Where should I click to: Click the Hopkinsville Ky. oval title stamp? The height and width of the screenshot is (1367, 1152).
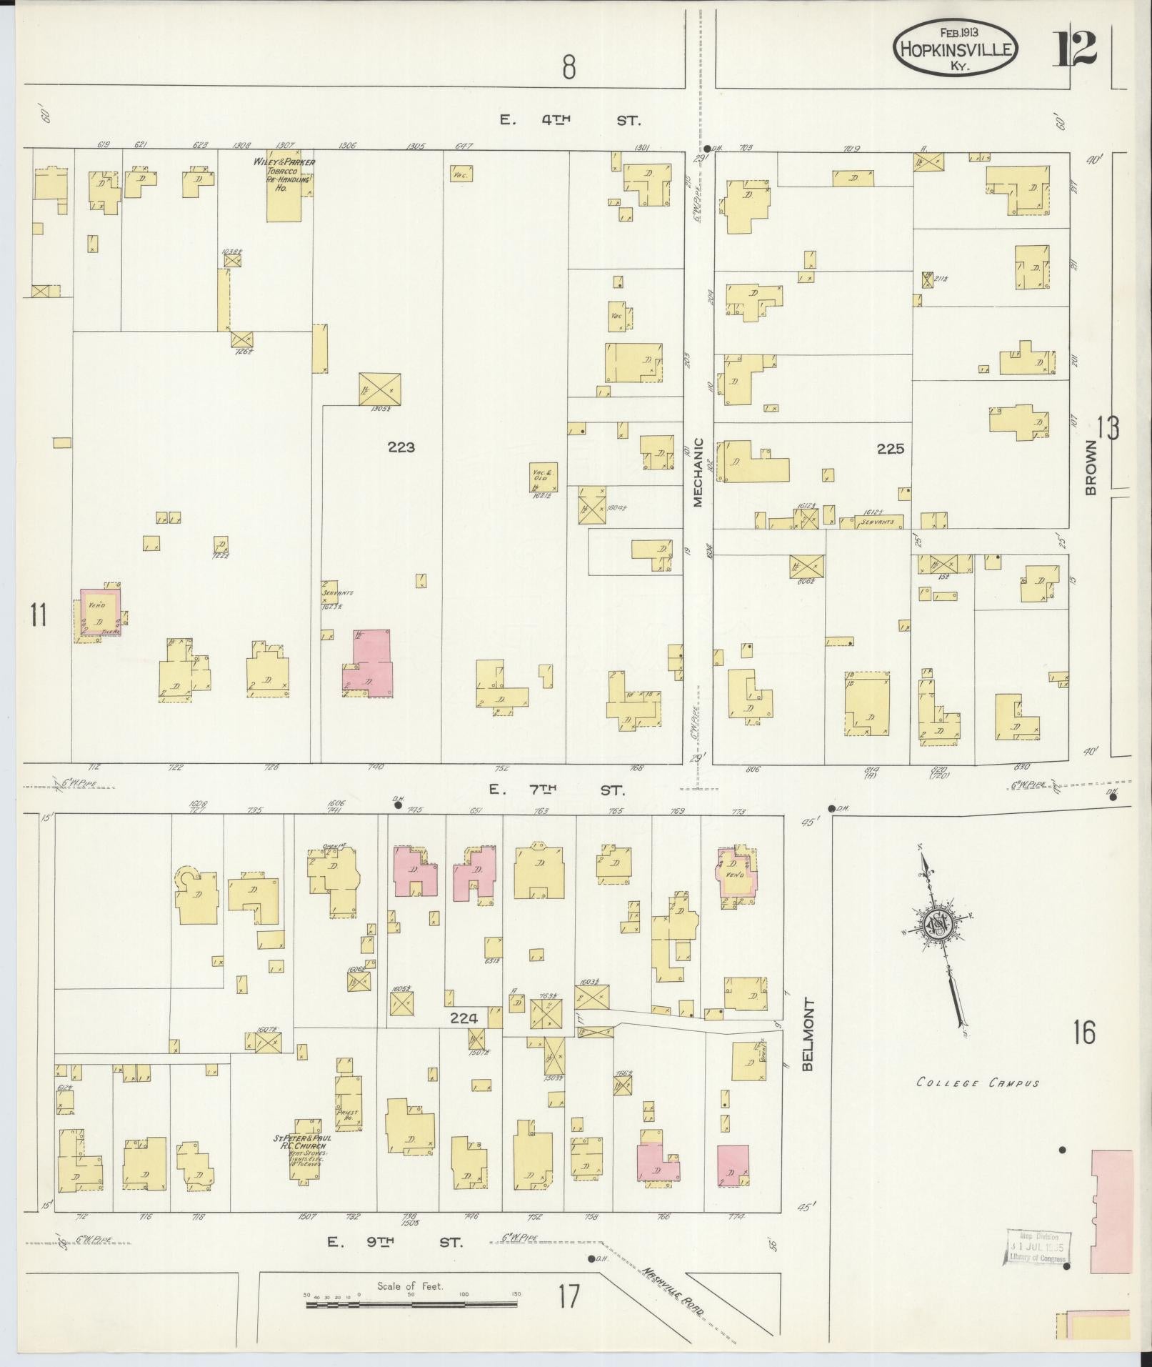pyautogui.click(x=955, y=48)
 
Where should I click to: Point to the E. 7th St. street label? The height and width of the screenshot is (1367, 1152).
pyautogui.click(x=556, y=790)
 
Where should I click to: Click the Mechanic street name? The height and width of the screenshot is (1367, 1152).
pyautogui.click(x=698, y=472)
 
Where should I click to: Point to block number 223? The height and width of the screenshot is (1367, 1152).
pyautogui.click(x=401, y=447)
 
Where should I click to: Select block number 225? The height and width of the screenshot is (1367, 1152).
pyautogui.click(x=891, y=449)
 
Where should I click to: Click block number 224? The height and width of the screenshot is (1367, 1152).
pyautogui.click(x=464, y=1018)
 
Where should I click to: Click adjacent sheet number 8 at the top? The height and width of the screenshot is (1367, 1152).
pyautogui.click(x=569, y=68)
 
